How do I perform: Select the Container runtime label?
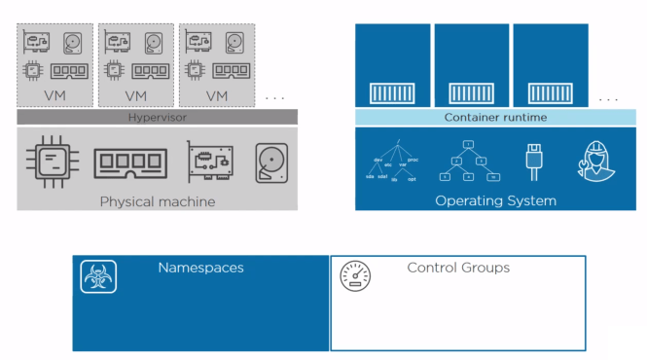click(x=495, y=117)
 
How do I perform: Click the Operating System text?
click(x=495, y=201)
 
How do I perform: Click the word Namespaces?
click(x=200, y=267)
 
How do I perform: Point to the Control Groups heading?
click(x=457, y=267)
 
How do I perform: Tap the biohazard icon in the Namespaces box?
click(x=98, y=277)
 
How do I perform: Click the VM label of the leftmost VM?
click(x=54, y=95)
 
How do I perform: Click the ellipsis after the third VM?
click(x=274, y=97)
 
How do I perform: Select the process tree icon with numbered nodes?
click(x=468, y=162)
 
